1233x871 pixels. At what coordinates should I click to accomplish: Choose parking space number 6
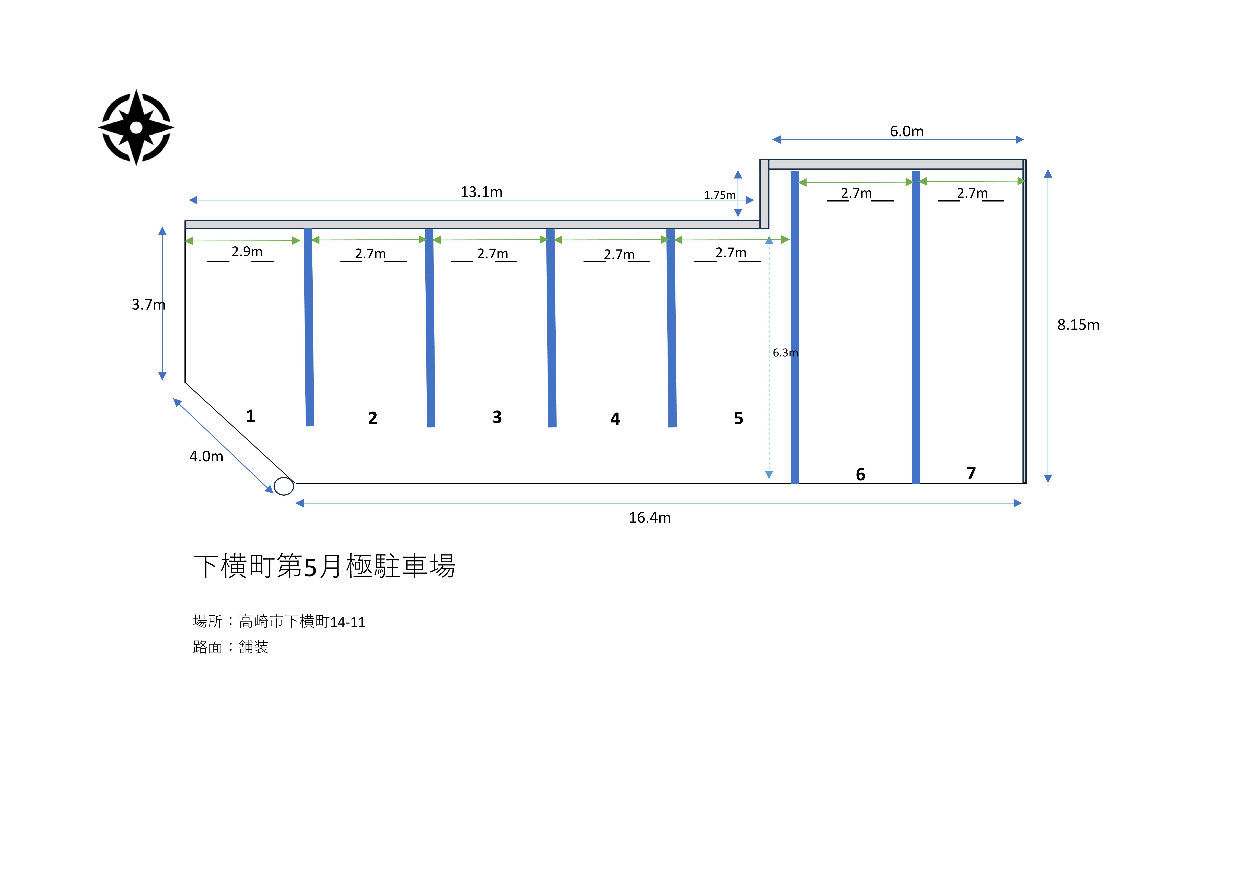[860, 474]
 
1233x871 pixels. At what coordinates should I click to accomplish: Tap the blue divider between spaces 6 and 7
[916, 328]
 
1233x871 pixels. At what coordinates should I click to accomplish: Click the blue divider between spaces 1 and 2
[309, 328]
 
